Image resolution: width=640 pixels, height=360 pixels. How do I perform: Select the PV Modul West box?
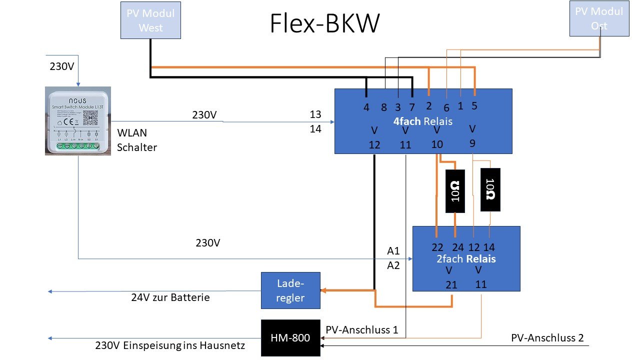click(150, 20)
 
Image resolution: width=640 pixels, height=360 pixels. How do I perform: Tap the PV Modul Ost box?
click(599, 18)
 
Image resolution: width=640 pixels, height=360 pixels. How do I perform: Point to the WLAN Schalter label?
click(136, 140)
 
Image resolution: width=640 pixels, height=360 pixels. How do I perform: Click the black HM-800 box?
click(290, 338)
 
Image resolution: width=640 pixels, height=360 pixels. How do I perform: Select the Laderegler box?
click(290, 290)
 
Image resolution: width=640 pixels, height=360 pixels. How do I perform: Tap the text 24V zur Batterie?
click(170, 297)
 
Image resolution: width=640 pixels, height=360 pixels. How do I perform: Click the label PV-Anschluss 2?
click(547, 338)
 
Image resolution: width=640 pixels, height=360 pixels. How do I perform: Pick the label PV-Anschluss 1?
click(361, 330)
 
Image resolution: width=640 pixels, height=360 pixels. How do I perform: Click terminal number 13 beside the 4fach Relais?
click(315, 114)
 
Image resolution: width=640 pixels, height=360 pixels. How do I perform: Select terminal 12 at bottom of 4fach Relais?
click(374, 145)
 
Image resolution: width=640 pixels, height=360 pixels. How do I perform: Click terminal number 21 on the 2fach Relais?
click(452, 284)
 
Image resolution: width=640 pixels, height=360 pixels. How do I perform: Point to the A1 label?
click(394, 250)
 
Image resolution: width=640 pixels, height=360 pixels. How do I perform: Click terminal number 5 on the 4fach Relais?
click(474, 105)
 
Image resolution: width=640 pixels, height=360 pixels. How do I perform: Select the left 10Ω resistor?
click(455, 191)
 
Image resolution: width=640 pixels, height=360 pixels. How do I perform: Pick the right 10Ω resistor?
click(490, 189)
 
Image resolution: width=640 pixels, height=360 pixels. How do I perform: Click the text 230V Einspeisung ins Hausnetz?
click(170, 345)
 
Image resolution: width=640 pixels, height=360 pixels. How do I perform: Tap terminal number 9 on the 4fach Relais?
click(472, 143)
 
